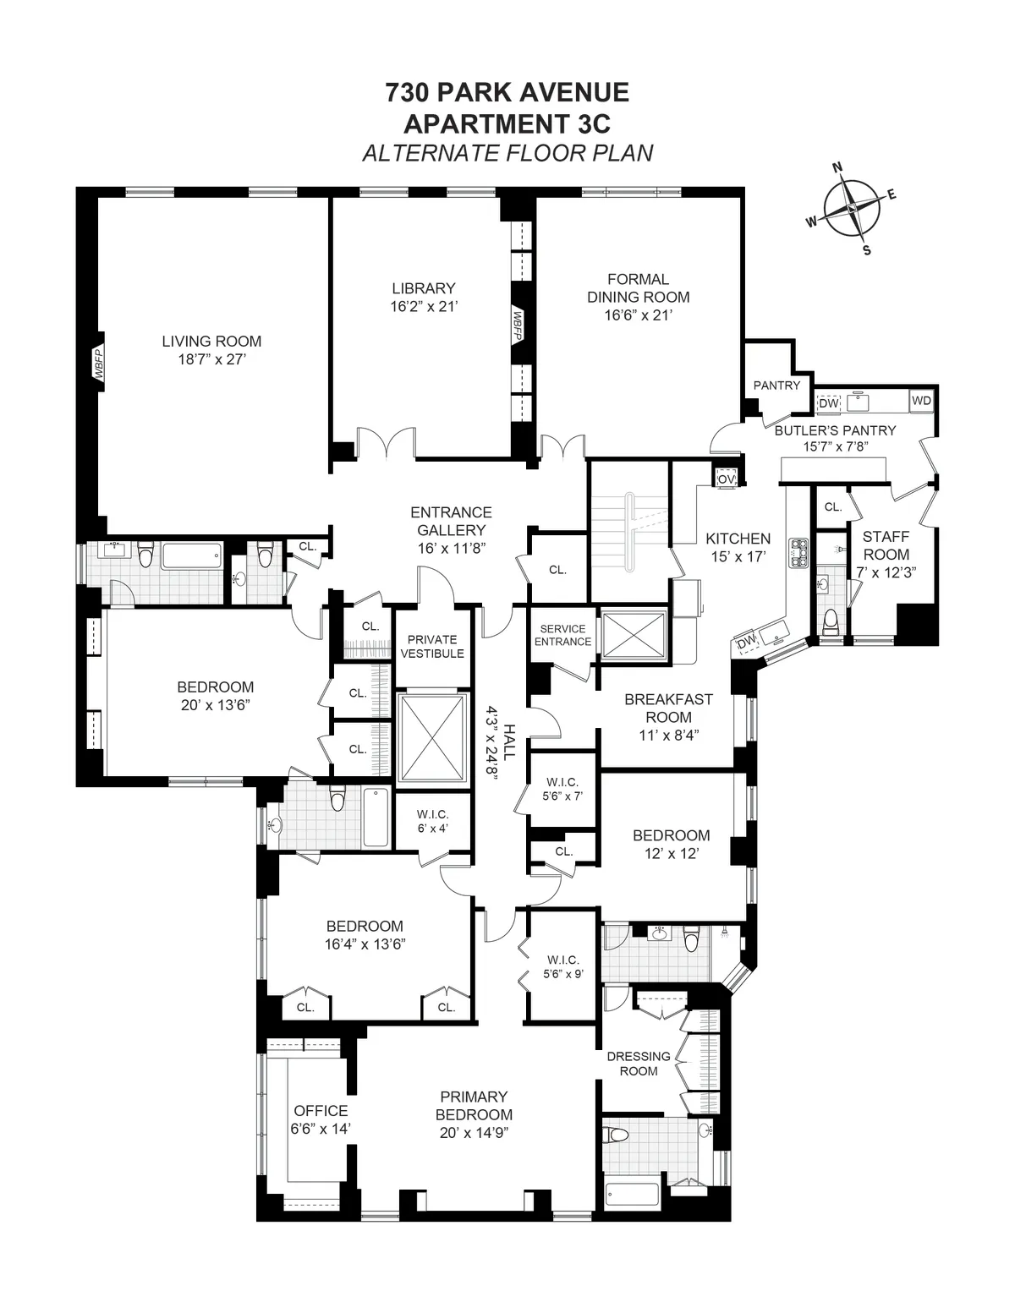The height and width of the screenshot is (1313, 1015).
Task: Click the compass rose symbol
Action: click(852, 208)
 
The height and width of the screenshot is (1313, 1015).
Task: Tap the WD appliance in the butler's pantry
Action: click(921, 401)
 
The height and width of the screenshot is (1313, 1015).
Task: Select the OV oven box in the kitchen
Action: click(726, 479)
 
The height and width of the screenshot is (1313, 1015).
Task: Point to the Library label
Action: click(423, 288)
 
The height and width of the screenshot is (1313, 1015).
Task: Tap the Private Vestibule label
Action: click(432, 647)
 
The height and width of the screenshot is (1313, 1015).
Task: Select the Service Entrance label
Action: click(562, 635)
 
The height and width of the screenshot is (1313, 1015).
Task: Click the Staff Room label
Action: click(886, 545)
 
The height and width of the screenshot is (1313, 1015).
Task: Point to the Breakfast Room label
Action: click(668, 708)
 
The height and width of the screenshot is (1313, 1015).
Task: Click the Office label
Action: click(321, 1110)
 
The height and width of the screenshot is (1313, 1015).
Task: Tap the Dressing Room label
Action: click(639, 1064)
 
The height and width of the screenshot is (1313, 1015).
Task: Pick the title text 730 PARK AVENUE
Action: click(507, 92)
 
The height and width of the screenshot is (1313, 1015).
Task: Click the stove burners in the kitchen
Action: click(798, 552)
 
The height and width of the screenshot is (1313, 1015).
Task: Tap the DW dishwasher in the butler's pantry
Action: click(829, 403)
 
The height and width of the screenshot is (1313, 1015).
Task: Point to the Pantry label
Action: click(776, 386)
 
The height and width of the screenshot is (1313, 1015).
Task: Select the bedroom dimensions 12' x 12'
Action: click(671, 854)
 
